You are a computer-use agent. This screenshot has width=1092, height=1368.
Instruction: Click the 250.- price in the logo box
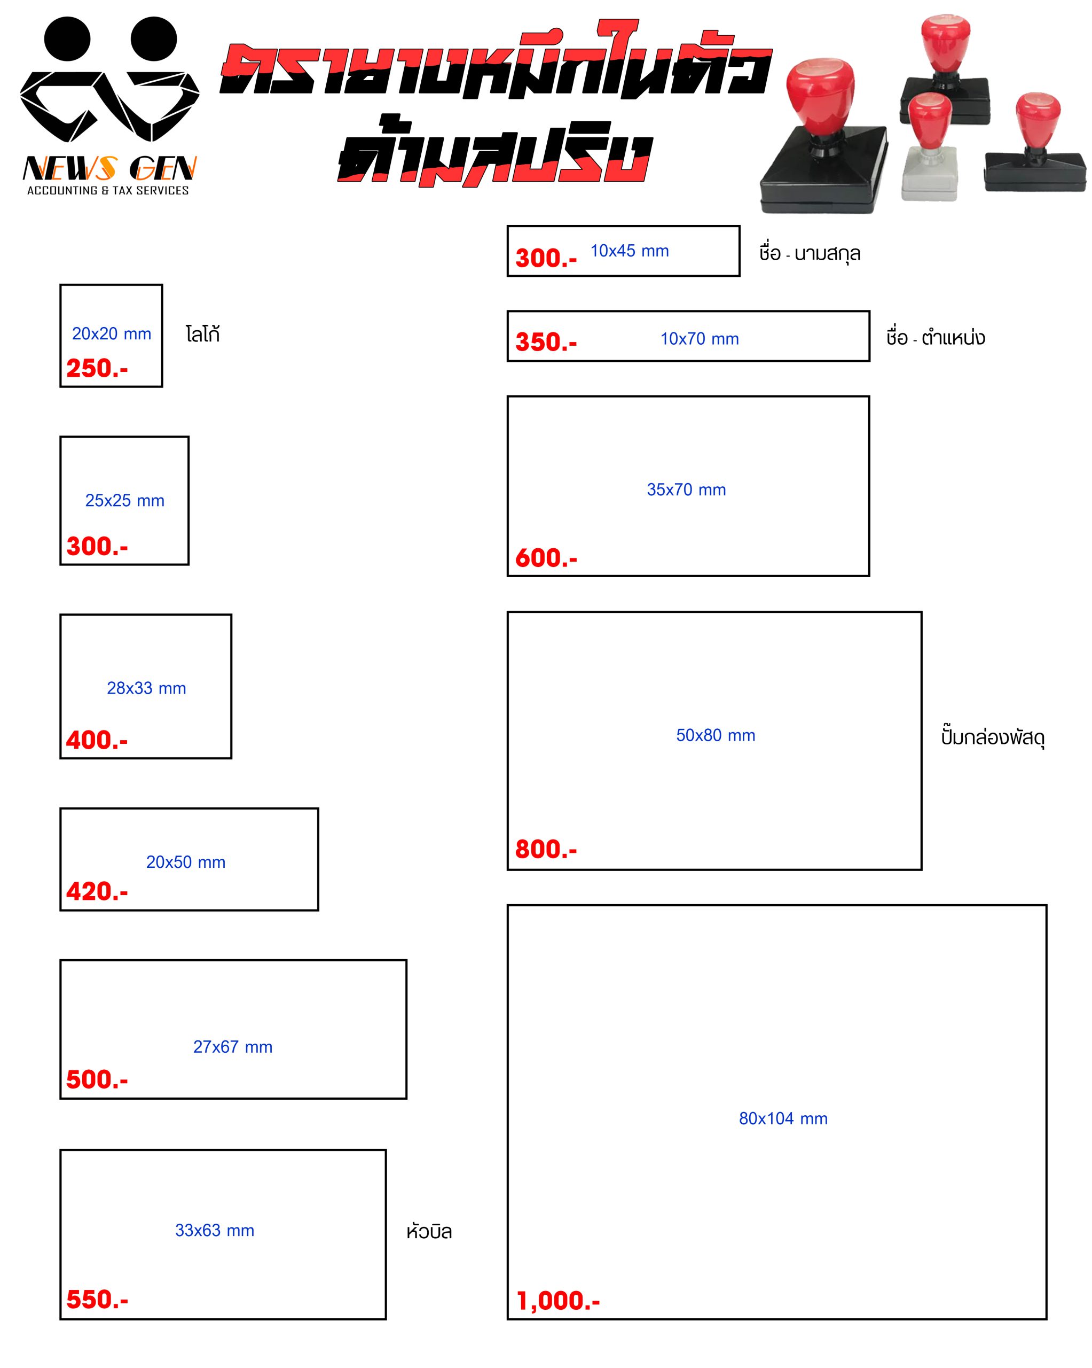[x=97, y=369]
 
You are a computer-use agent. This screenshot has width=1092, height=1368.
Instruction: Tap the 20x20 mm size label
[x=112, y=334]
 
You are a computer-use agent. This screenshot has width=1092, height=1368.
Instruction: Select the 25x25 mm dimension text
[x=125, y=501]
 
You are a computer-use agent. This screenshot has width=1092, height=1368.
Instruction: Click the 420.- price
[x=97, y=891]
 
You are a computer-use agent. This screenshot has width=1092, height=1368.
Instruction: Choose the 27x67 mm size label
[x=233, y=1047]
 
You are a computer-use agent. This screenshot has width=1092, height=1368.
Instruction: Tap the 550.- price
[x=97, y=1300]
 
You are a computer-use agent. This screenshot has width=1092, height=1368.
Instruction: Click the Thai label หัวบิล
[x=429, y=1232]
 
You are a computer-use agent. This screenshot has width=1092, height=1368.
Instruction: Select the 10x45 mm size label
[x=630, y=251]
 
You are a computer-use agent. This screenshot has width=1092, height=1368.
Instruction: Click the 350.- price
[x=546, y=343]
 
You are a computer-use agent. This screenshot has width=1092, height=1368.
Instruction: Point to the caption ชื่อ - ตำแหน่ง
[x=936, y=338]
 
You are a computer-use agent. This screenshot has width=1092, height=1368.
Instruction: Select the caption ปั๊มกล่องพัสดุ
[x=993, y=737]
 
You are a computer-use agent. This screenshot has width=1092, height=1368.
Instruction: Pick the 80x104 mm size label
[x=783, y=1118]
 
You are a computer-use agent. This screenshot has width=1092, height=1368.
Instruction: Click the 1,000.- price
[x=558, y=1301]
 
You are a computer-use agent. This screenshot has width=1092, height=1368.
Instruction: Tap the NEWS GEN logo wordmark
[x=109, y=169]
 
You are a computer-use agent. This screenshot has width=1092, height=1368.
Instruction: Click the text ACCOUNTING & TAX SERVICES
[x=108, y=190]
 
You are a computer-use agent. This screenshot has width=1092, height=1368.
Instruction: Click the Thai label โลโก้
[x=203, y=335]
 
